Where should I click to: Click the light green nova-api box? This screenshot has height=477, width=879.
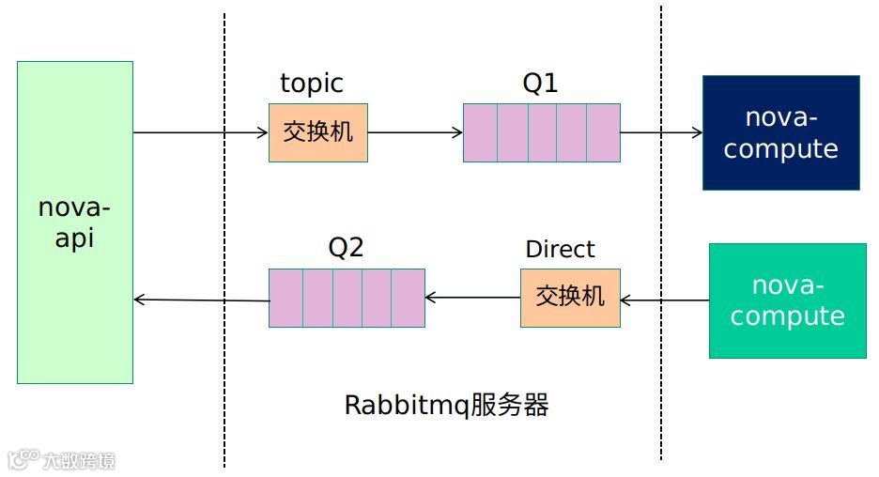pos(75,223)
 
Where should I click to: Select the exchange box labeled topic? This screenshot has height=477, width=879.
pos(318,132)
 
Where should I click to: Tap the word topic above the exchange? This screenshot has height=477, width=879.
pos(312,84)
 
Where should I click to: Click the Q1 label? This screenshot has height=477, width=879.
pos(540,84)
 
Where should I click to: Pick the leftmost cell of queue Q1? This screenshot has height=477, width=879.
pos(480,132)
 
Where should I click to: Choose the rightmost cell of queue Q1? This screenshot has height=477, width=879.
pos(604,132)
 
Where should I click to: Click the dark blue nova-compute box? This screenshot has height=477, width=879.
pos(780,132)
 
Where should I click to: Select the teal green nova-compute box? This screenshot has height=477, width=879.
pos(787,300)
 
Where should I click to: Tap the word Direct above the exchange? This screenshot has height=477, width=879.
pos(560,250)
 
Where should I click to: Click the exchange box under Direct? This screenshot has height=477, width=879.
pos(570,298)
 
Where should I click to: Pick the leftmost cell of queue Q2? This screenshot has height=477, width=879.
pos(285,298)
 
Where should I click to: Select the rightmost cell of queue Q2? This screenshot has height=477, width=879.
pos(409,298)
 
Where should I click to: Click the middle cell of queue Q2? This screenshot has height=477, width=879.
pos(347,298)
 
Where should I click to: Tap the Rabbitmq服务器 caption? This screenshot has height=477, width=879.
pos(446,406)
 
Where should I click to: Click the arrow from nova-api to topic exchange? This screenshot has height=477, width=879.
pos(201,132)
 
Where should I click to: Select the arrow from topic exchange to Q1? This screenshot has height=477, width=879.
pos(415,132)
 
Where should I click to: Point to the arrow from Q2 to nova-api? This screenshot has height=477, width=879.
pos(201,300)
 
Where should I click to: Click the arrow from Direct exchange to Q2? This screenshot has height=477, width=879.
pos(472,299)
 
